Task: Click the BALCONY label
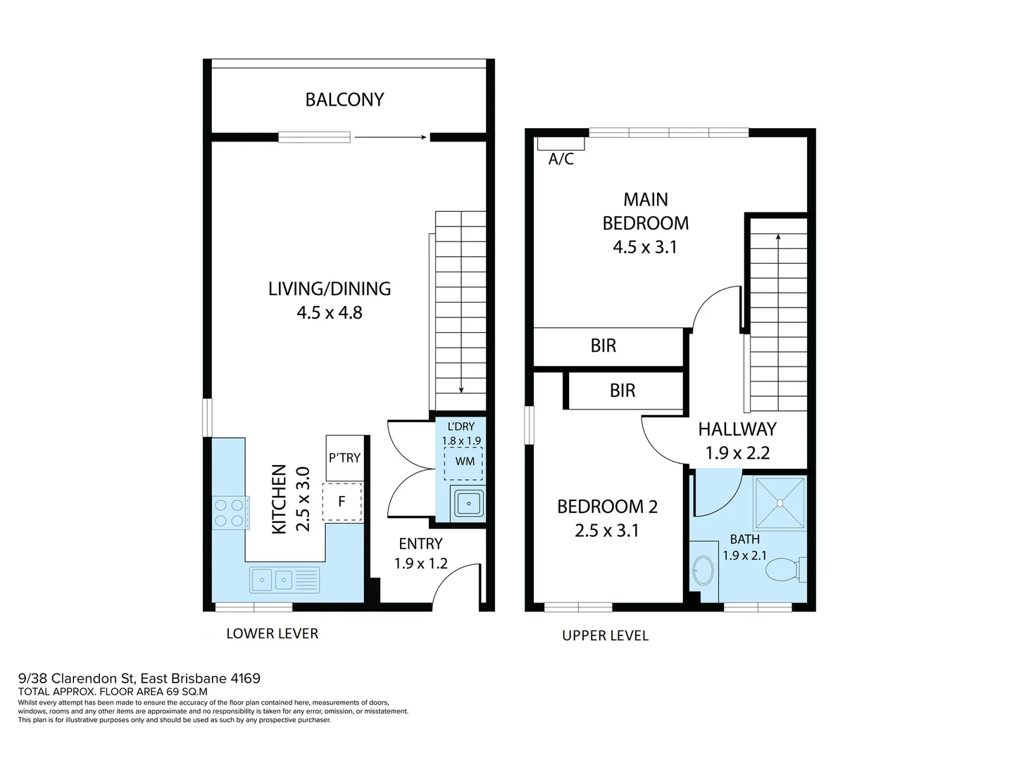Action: coord(344,100)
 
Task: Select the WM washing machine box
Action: coord(463,462)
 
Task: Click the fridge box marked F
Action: coord(342,502)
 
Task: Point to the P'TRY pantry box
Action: coord(344,457)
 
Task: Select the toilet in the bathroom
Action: coord(784,569)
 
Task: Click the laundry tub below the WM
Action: coord(468,503)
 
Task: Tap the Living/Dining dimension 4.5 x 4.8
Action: coord(330,312)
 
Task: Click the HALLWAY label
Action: coord(737,429)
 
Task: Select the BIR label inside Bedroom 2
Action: coord(622,391)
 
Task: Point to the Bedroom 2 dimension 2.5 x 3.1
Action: coord(606,531)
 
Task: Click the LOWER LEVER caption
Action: coord(272,634)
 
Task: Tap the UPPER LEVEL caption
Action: coord(605,635)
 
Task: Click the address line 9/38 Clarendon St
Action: coord(139,678)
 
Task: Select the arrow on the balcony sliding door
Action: coord(391,137)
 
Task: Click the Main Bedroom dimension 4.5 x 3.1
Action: coord(644,247)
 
